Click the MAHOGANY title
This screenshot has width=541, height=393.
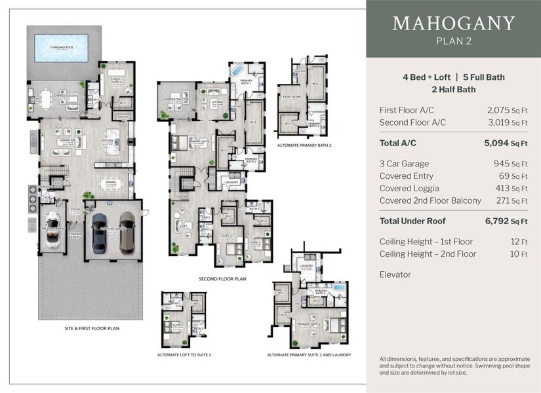(453, 24)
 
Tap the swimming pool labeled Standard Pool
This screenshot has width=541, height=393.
(63, 48)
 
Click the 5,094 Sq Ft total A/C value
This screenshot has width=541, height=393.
(506, 143)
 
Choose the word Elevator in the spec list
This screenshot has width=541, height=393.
(395, 274)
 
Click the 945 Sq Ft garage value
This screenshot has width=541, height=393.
(510, 164)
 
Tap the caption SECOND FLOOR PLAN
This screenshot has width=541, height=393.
(222, 278)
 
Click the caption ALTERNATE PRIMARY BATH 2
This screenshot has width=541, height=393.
(304, 145)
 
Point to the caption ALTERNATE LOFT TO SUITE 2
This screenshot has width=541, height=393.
(184, 354)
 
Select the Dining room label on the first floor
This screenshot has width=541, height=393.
(110, 182)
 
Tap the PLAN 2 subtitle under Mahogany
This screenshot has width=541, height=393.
(453, 42)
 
